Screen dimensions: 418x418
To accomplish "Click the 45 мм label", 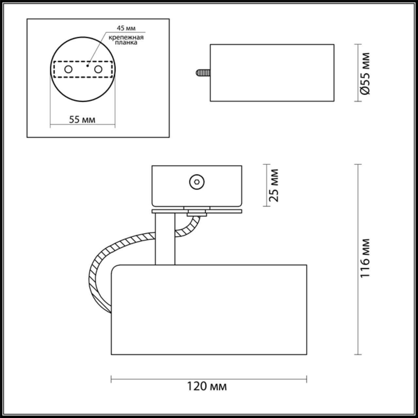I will point(126,28).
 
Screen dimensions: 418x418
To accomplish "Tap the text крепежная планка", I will point(126,40).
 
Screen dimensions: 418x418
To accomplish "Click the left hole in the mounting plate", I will point(68,69).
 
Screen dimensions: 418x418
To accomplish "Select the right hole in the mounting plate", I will point(98,69).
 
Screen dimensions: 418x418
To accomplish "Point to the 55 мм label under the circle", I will point(82,120).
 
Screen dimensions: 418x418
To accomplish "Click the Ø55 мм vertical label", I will point(365,73).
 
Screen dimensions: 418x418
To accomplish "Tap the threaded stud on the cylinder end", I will point(202,72).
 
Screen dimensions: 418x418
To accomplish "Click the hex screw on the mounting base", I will point(197,182).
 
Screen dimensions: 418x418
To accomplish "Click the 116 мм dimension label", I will point(365,258).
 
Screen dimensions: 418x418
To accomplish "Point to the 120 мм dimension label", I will point(207,387).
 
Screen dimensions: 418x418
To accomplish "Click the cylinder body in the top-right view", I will point(272,73).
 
